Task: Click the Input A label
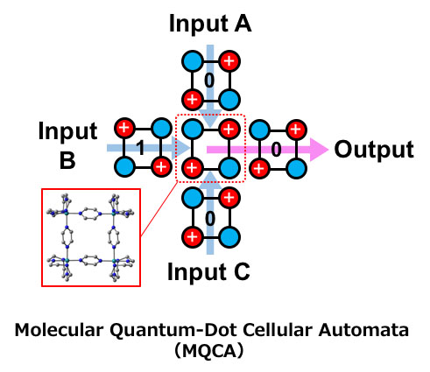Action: click(x=210, y=24)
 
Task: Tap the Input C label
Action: click(x=208, y=272)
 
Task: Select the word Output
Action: click(x=374, y=149)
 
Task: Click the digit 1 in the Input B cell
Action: click(x=141, y=148)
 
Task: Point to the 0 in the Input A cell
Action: click(x=209, y=81)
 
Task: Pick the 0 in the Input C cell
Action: click(x=210, y=219)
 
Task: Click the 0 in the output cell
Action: click(x=276, y=150)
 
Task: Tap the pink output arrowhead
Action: click(x=319, y=150)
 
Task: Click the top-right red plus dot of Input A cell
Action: click(x=229, y=61)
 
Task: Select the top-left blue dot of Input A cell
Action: click(x=193, y=61)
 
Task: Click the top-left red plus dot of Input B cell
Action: click(x=124, y=128)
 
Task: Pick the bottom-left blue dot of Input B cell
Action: click(x=124, y=167)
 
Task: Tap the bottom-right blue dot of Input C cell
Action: click(x=229, y=237)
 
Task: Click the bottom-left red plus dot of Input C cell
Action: click(x=192, y=237)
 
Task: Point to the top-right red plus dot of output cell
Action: click(x=296, y=130)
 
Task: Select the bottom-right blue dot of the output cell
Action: click(x=296, y=168)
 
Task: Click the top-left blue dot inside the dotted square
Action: click(x=193, y=129)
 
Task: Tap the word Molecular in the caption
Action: click(x=59, y=330)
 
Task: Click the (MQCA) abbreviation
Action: click(x=209, y=351)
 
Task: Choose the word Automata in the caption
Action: click(x=363, y=330)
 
